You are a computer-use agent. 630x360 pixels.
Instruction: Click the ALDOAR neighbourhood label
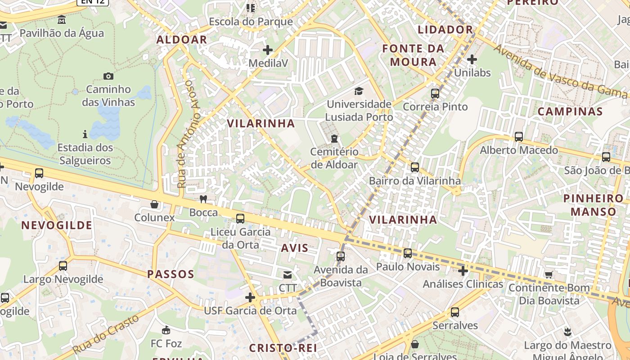point(182,40)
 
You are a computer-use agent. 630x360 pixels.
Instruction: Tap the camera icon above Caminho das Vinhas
point(108,76)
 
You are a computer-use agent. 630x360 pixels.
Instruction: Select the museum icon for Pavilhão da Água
point(62,20)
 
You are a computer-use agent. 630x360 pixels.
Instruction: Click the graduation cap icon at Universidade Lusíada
point(359,91)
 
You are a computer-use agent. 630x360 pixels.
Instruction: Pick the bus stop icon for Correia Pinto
point(435,94)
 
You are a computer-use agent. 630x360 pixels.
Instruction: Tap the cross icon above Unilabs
point(472,59)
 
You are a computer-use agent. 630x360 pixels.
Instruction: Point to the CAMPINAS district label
point(570,111)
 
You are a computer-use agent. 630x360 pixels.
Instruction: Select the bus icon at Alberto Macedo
point(518,137)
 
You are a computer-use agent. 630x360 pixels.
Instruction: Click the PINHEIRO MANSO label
point(594,205)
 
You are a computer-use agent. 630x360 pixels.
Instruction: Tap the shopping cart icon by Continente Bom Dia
point(549,274)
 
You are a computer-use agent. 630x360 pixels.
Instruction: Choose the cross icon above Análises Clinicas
point(463,270)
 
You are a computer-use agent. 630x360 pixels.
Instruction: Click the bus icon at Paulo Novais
point(408,253)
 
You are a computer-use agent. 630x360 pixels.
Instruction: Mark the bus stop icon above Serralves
point(454,312)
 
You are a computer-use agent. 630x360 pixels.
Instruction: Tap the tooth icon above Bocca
point(203,199)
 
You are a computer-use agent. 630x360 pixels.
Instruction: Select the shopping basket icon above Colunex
point(154,204)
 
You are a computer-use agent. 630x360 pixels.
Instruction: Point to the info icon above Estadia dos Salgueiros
point(85,134)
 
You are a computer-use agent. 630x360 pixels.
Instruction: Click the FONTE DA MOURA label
point(413,55)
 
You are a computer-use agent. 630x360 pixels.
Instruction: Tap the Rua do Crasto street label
point(106,334)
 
